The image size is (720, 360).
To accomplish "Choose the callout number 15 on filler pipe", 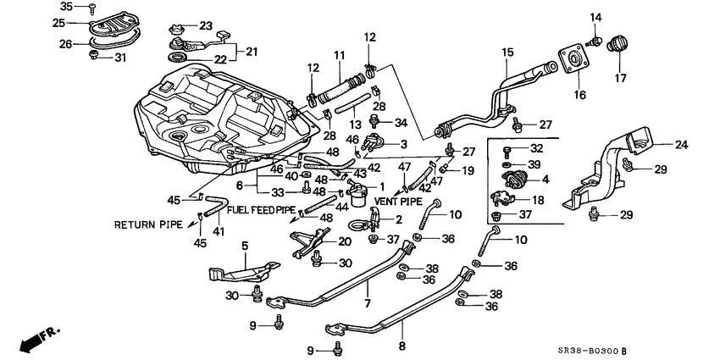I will coord(507,53).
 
